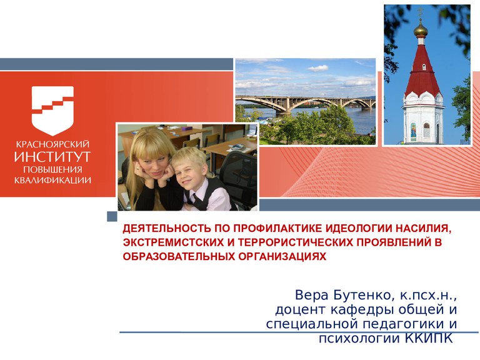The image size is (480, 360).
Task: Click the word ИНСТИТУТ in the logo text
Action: [x=52, y=156]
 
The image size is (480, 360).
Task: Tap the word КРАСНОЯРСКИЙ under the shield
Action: [x=52, y=144]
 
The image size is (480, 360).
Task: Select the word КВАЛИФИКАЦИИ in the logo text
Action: [x=52, y=180]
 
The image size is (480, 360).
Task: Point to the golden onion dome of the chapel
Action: [x=421, y=30]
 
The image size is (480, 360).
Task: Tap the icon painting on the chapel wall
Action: [x=413, y=131]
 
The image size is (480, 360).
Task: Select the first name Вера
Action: [x=312, y=296]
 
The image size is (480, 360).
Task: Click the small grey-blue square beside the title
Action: [x=112, y=216]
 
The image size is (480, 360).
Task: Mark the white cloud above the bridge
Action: [x=317, y=68]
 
